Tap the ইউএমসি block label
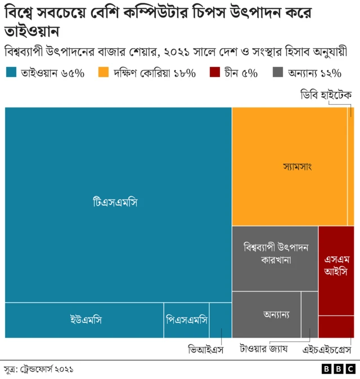point(86,320)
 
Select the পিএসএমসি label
point(186,320)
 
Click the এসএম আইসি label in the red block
point(336,265)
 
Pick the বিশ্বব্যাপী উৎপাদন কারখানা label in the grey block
point(275,254)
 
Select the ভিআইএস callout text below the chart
point(206,350)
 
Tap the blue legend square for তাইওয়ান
point(11,73)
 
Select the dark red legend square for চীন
point(214,73)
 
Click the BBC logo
point(338,369)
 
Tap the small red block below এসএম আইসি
point(336,326)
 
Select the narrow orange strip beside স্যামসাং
point(350,166)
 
